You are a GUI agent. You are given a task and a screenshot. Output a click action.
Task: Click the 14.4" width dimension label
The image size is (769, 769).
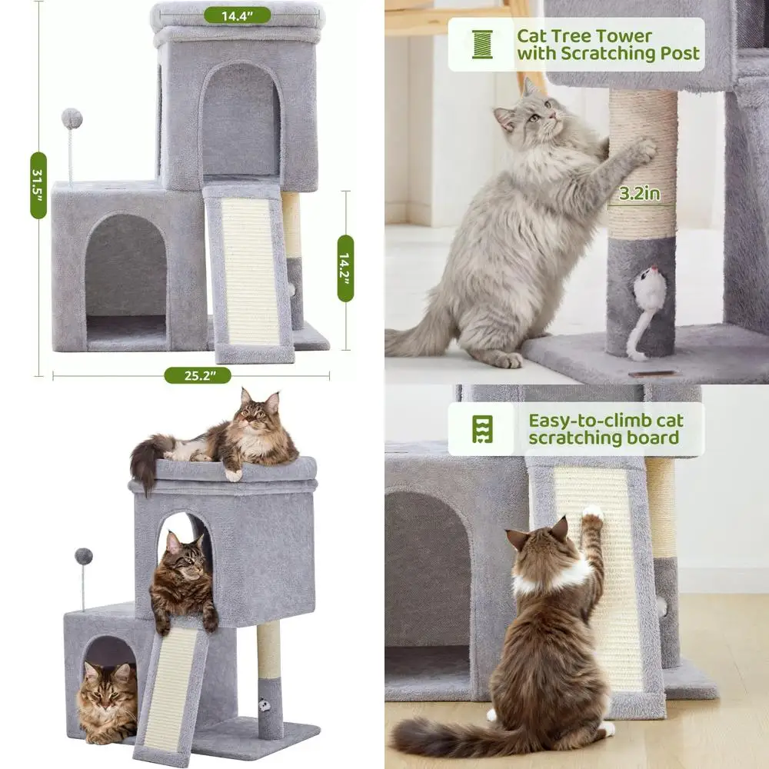(237, 15)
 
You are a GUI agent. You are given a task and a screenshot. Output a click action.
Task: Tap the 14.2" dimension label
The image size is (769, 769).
(345, 268)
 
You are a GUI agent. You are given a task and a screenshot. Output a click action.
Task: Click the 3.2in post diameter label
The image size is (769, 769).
(639, 194)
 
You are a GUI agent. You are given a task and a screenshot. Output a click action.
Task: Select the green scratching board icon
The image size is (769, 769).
(482, 428)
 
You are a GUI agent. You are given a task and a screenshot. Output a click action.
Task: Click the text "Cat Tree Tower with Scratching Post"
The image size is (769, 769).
(608, 45)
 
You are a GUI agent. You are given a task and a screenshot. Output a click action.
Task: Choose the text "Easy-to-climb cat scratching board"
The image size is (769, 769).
(605, 429)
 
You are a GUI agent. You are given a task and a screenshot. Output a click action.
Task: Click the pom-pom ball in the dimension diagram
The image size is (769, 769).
(72, 118)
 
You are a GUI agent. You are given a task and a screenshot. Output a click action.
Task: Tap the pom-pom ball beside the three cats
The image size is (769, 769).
(83, 556)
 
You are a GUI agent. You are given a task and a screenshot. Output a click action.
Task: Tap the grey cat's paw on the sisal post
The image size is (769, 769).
(641, 149)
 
